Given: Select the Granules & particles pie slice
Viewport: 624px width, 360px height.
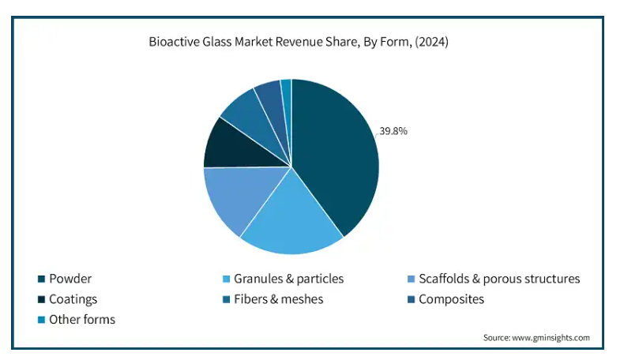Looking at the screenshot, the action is pyautogui.click(x=291, y=219).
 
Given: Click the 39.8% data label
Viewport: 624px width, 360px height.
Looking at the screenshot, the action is pyautogui.click(x=393, y=131).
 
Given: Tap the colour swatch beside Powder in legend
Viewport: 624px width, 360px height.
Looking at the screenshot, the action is pyautogui.click(x=41, y=279).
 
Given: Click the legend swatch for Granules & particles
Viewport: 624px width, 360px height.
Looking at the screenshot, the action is pyautogui.click(x=226, y=279).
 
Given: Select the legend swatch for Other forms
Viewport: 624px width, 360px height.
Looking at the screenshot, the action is pyautogui.click(x=41, y=320).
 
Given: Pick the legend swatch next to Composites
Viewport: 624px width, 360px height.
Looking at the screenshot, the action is pyautogui.click(x=411, y=299).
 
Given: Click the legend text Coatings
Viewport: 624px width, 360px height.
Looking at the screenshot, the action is pyautogui.click(x=73, y=299).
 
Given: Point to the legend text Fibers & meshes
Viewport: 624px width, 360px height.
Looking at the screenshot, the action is pyautogui.click(x=279, y=299).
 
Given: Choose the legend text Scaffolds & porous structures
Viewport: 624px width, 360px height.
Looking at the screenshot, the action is pyautogui.click(x=499, y=279).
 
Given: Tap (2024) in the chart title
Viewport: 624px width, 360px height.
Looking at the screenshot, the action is pyautogui.click(x=432, y=42).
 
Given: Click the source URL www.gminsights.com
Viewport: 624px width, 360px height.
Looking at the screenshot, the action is pyautogui.click(x=551, y=338).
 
